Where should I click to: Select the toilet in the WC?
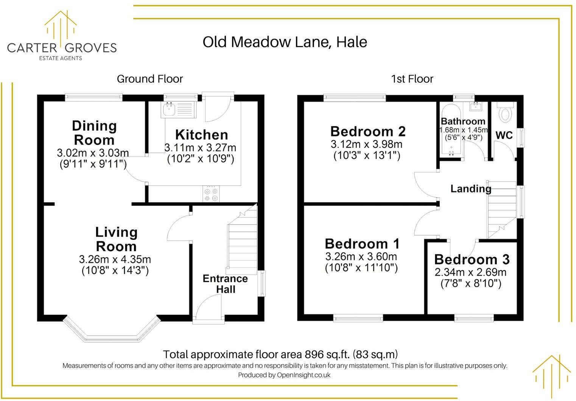click(505, 113)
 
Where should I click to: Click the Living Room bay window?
click(112, 337)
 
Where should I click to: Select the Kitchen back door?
click(218, 108)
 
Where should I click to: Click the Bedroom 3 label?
click(472, 260)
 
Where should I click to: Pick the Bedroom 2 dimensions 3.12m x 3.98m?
click(366, 144)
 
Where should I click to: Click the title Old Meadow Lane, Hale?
click(285, 42)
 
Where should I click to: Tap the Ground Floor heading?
click(149, 79)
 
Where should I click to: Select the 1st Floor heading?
click(412, 79)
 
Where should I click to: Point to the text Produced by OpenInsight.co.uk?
click(284, 375)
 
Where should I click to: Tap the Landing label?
click(470, 189)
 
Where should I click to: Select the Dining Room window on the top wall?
click(94, 97)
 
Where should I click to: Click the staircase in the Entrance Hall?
click(241, 243)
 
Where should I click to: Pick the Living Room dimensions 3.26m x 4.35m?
click(115, 259)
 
